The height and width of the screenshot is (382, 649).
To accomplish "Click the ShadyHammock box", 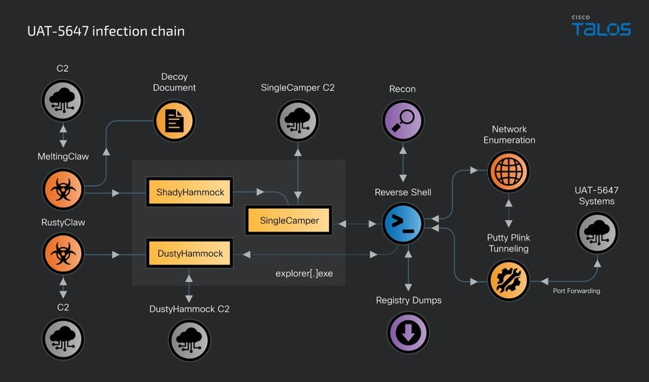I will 190,192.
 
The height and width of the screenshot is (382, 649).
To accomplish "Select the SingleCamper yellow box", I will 289,221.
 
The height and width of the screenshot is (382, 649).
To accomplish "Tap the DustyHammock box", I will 190,254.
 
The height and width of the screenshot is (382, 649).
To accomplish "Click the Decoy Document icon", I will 174,121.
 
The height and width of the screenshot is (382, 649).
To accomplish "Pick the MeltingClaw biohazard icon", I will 63,189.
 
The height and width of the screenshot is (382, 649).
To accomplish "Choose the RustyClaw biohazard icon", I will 63,254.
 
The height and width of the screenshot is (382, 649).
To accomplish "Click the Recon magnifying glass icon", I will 402,121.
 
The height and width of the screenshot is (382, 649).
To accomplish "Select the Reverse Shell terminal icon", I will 402,222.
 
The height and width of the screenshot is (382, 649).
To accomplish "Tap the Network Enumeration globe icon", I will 508,172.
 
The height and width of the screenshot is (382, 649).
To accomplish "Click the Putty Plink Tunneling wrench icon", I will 508,281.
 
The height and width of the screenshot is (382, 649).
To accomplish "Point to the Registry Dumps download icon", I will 408,333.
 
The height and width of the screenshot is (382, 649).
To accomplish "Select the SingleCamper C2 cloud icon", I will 298,121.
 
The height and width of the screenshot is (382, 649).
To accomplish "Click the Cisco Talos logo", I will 601,27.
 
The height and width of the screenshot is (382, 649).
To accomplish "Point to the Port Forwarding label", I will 576,291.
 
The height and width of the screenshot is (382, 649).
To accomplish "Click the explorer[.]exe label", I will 304,273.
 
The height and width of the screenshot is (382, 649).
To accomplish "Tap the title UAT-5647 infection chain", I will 106,31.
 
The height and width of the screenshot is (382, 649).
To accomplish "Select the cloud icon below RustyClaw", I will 63,339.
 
